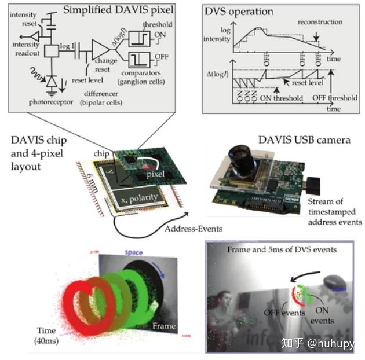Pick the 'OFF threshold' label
[x=334, y=98]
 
